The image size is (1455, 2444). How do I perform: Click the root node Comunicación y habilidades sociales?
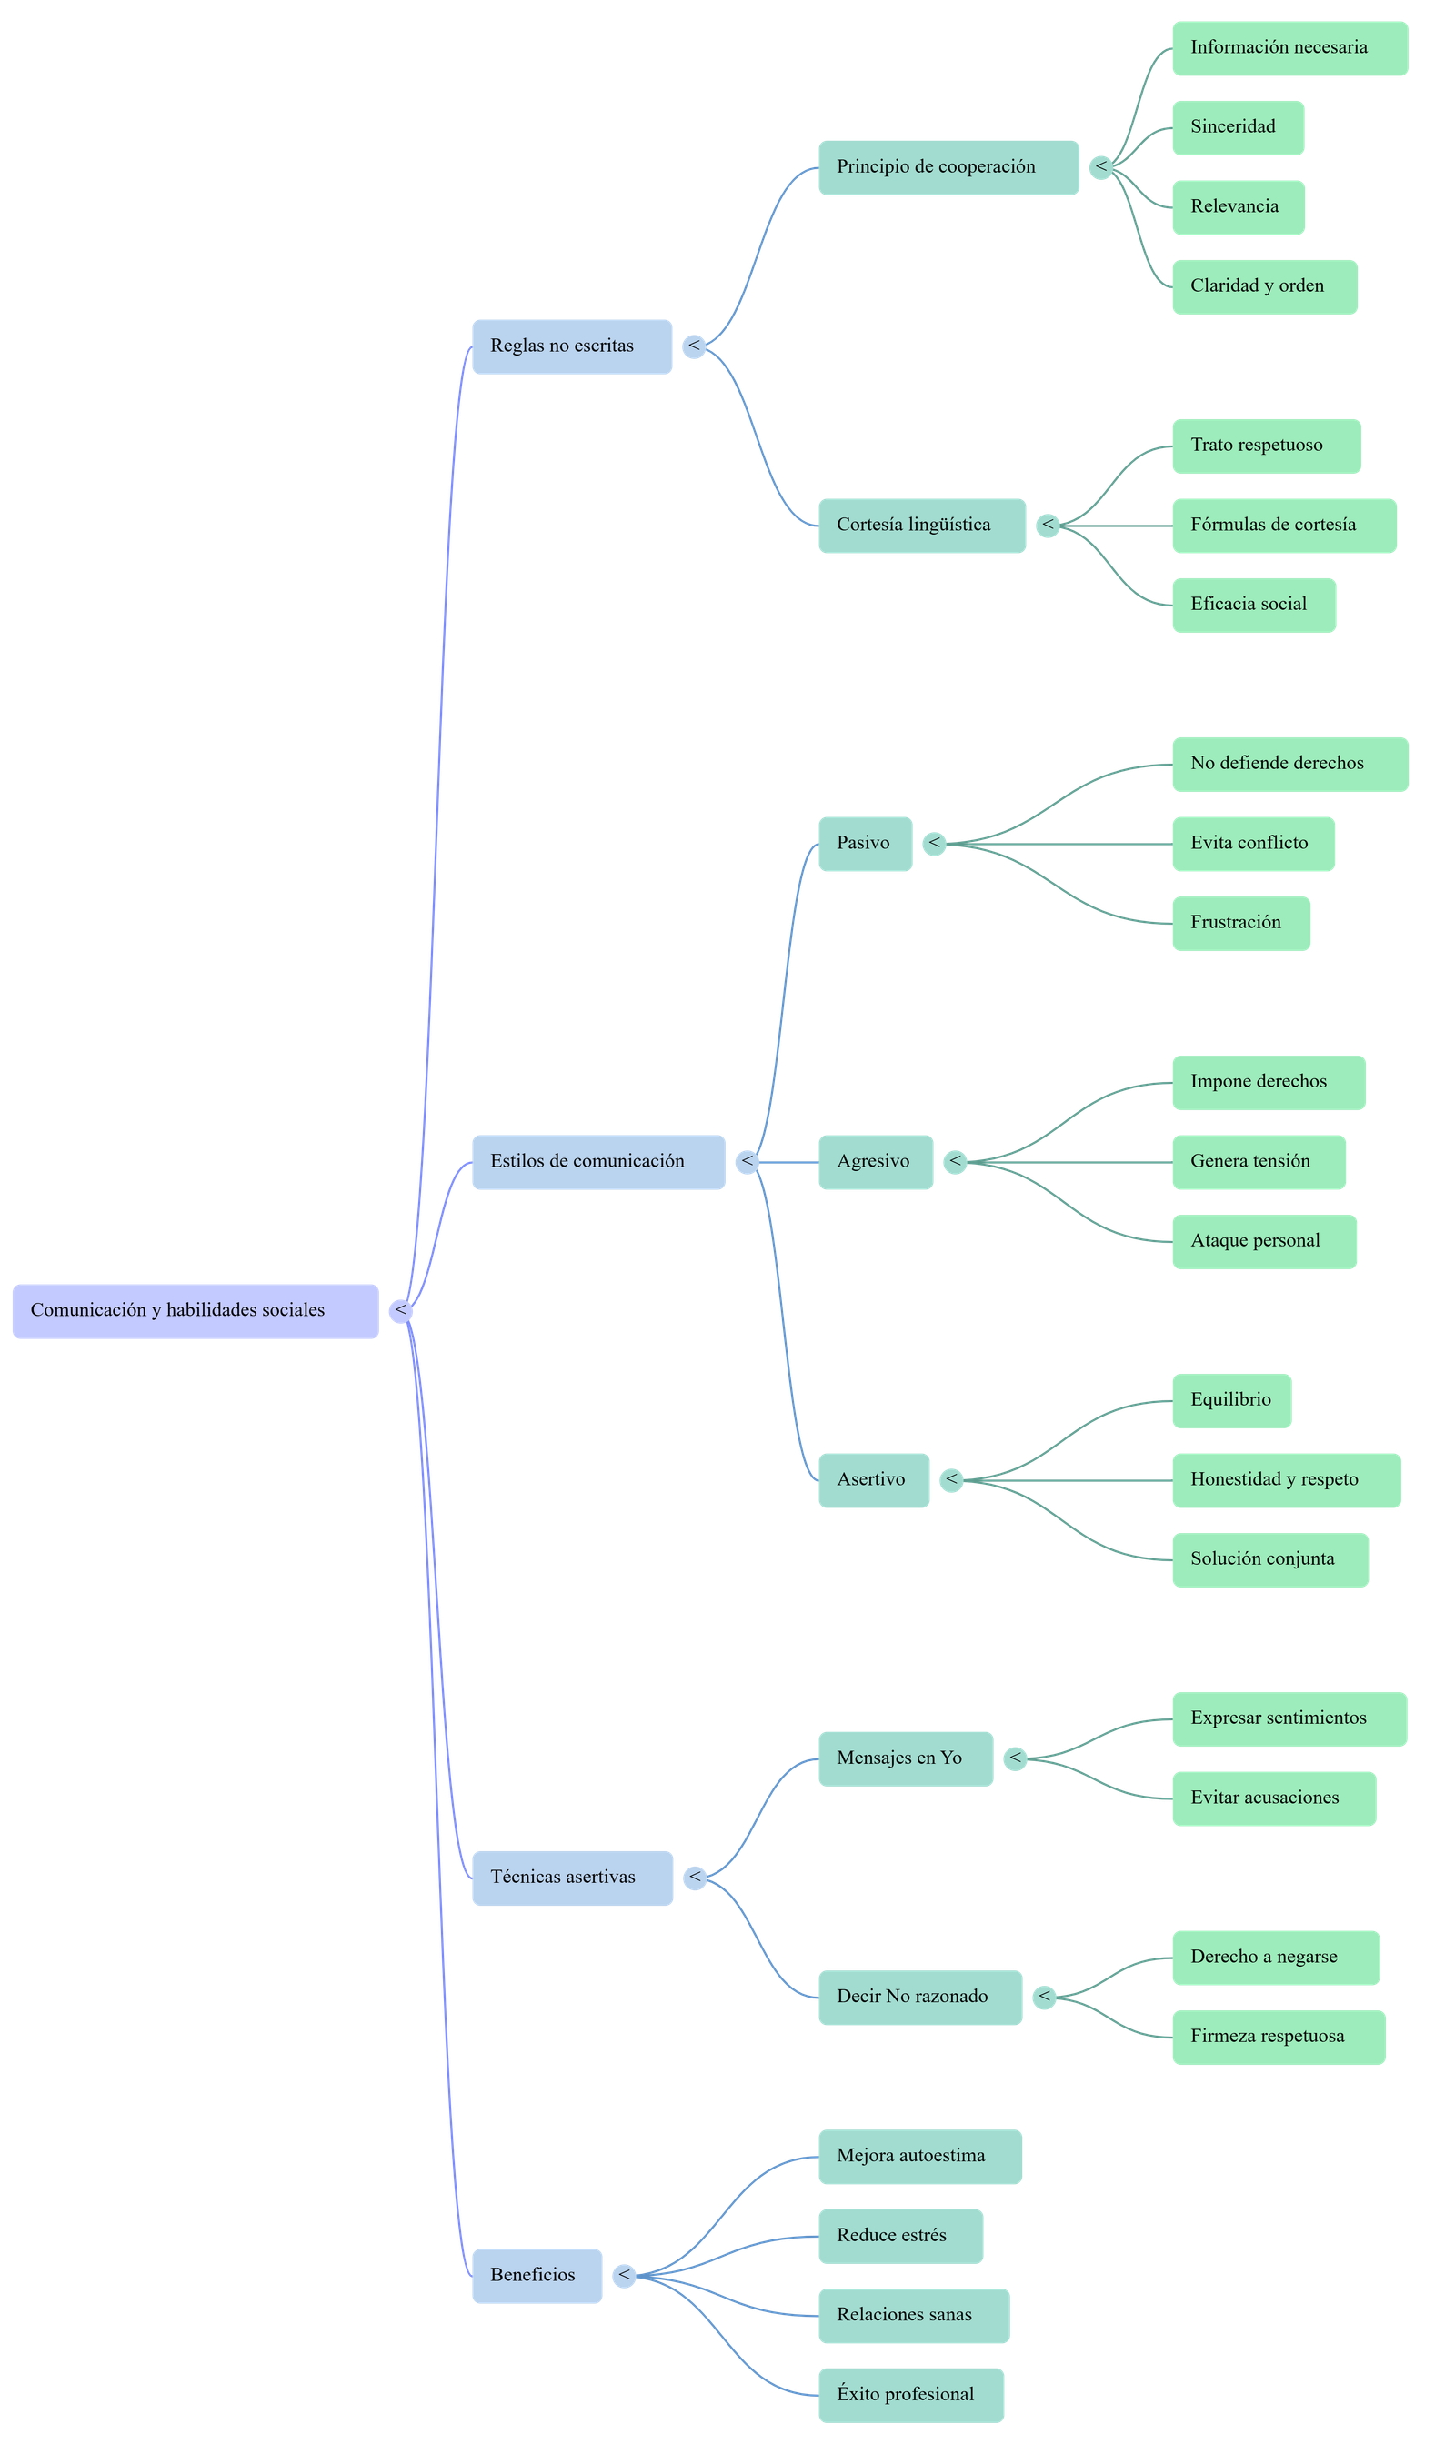(x=196, y=1311)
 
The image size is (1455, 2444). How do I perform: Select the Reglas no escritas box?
(x=572, y=346)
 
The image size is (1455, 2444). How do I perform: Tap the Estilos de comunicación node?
(x=598, y=1162)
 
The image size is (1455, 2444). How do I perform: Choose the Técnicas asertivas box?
(x=572, y=1878)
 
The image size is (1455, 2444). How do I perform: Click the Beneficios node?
(x=537, y=2276)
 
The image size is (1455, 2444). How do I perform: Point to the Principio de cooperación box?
(x=948, y=167)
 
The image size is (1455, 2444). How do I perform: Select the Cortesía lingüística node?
(x=921, y=526)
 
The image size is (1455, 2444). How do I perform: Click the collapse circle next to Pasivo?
(x=934, y=843)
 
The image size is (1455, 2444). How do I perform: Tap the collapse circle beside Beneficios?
(x=624, y=2276)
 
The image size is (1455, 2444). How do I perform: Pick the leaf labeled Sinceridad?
(x=1238, y=127)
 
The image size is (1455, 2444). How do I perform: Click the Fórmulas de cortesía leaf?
(x=1283, y=526)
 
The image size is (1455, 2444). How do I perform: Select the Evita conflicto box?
(x=1252, y=843)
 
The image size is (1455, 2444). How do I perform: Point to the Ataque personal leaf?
(x=1264, y=1241)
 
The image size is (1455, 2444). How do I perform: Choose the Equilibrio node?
(x=1230, y=1400)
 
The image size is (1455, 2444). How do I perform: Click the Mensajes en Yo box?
(x=905, y=1758)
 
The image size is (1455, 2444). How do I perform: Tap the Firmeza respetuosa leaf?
(x=1278, y=2036)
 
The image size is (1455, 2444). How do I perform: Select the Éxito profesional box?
(x=910, y=2394)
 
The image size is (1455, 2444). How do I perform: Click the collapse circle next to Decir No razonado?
(x=1045, y=1997)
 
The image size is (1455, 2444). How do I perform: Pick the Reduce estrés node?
(x=900, y=2235)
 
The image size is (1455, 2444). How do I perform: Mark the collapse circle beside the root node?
(x=400, y=1311)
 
